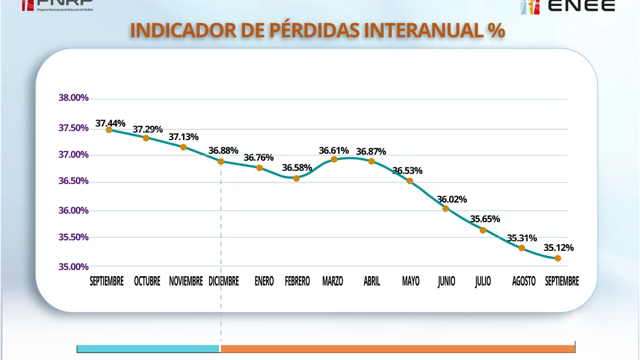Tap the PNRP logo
coord(57,6)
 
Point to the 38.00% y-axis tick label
coord(73,98)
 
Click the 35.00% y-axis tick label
coord(73,267)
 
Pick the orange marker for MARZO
coord(334,159)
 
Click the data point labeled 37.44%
coord(109,130)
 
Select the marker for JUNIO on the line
coord(446,208)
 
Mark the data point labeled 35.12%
coord(558,258)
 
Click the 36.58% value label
coord(297,168)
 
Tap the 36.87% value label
coord(371,152)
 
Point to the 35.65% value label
coord(485,219)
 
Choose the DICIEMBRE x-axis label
coord(223,281)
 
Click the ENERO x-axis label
coord(264,281)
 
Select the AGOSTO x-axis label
coord(524,281)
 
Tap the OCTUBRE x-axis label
coord(147,281)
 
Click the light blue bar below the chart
coord(148,348)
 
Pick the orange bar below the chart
coord(397,348)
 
